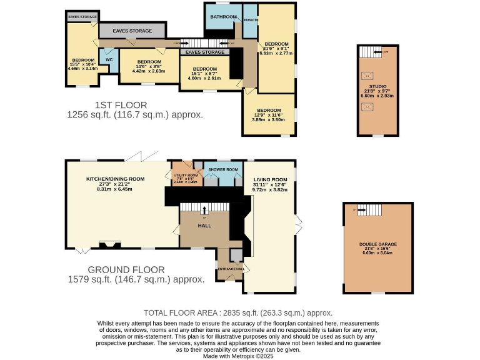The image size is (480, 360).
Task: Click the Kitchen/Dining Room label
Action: point(115,179)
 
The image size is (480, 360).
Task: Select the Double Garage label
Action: point(377,244)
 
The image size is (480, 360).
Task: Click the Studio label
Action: point(377,86)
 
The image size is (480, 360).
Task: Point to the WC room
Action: point(108,60)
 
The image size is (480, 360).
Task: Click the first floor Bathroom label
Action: point(223,17)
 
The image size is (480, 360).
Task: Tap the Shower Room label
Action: point(224,170)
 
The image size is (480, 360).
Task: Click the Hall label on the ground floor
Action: point(204,225)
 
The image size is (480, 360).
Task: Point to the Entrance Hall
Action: point(229,268)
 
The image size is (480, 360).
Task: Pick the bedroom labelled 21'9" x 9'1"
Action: point(276,44)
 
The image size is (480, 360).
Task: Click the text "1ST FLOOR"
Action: point(121,104)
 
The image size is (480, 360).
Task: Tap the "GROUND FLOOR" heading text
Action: point(126,270)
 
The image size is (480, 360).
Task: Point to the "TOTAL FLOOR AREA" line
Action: point(237,312)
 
